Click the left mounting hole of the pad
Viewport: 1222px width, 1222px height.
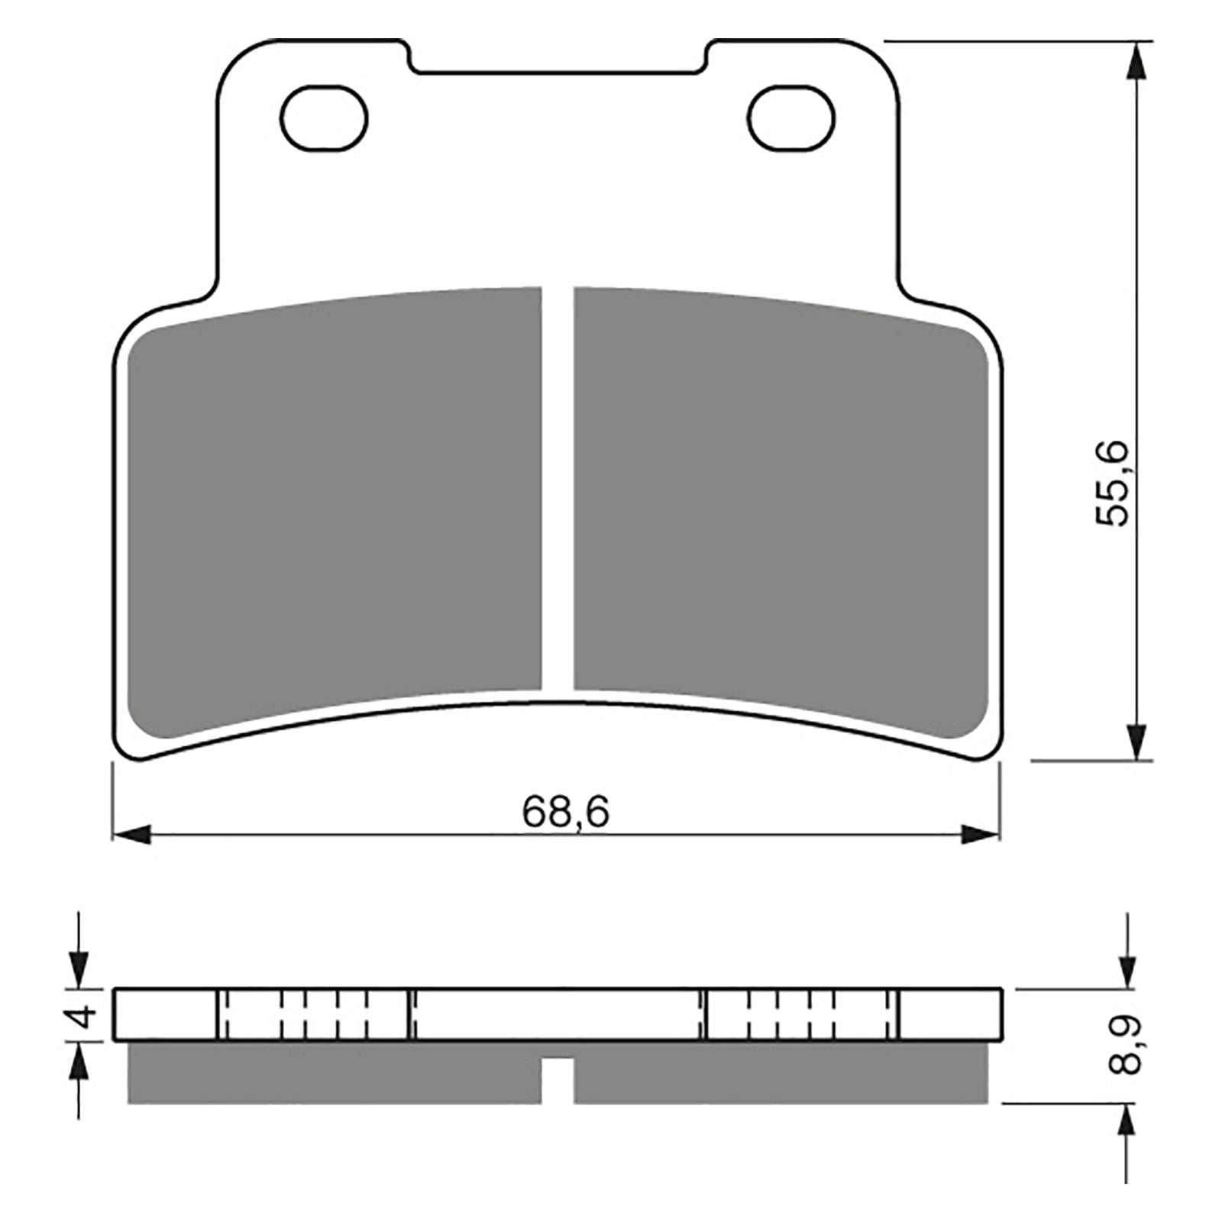click(323, 118)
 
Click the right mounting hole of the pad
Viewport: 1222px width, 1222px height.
click(790, 118)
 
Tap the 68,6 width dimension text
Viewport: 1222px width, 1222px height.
click(566, 813)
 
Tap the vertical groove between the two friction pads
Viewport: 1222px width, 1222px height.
click(558, 489)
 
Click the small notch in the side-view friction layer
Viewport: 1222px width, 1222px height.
click(558, 1068)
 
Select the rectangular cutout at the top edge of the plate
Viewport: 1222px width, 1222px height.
click(558, 57)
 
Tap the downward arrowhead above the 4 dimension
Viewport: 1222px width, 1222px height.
click(79, 969)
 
